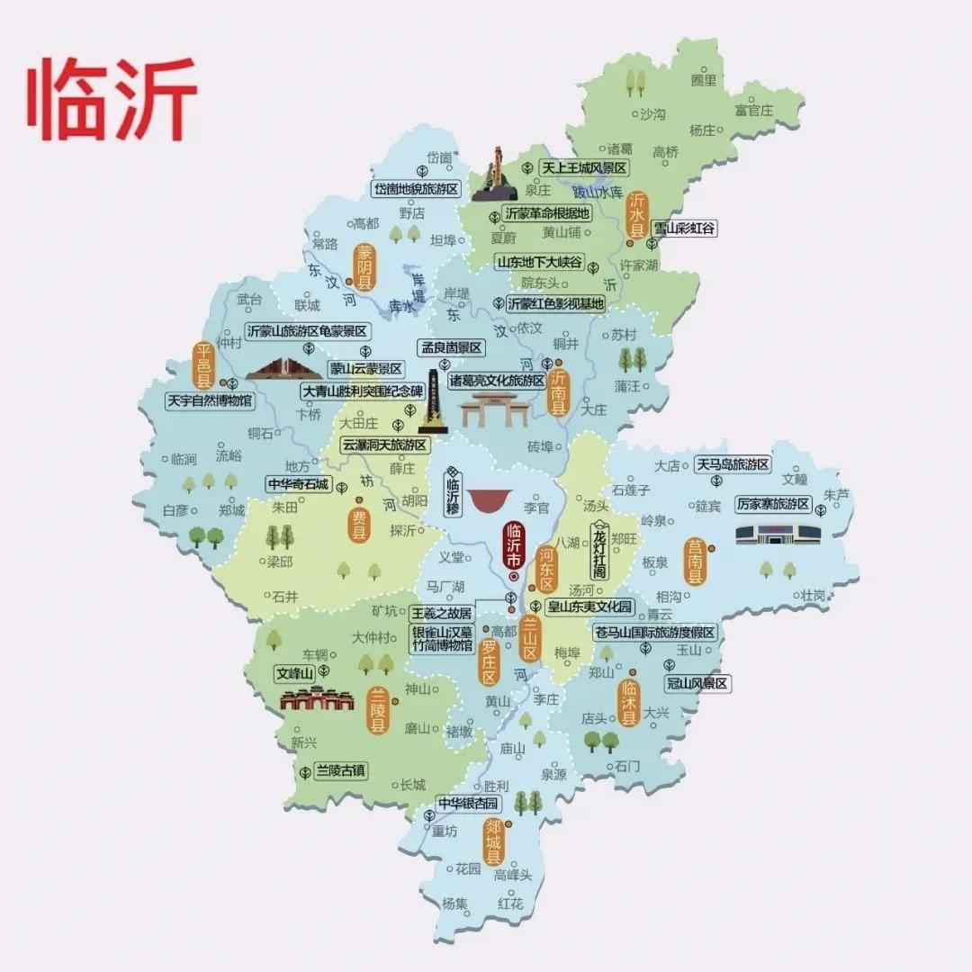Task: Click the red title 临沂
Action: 113,100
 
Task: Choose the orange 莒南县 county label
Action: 693,562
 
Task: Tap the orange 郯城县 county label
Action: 492,842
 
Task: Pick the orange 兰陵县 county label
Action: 378,711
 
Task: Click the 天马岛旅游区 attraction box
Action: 733,464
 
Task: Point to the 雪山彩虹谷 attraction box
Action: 684,229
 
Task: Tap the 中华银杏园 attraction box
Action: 468,803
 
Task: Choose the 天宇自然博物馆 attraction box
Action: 209,400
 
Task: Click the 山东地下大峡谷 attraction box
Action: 539,263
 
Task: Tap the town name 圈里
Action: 704,81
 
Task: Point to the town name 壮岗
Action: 813,595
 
